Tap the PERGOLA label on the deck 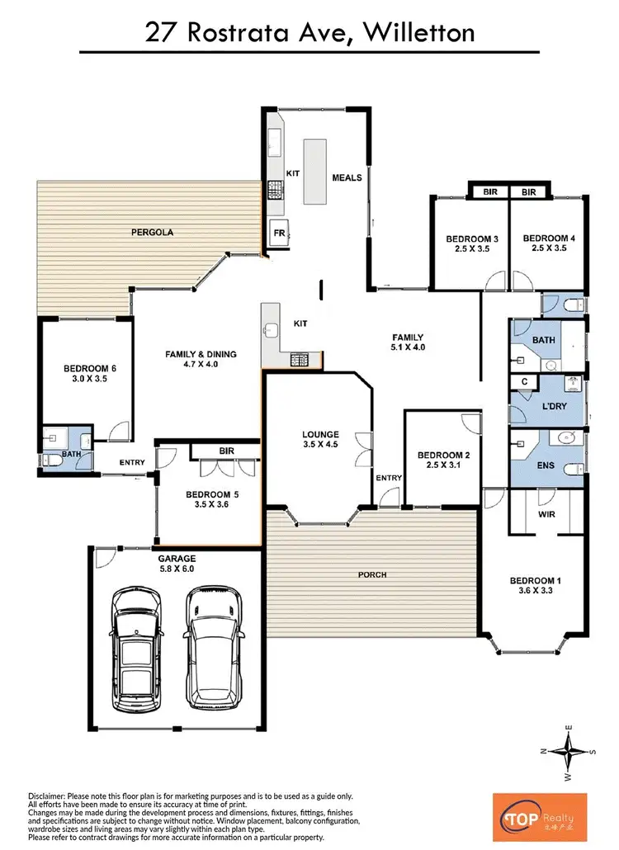152,233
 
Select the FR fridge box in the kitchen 279,234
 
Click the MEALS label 347,177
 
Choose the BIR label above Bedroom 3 489,191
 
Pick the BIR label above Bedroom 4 529,191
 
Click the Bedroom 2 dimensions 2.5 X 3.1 443,466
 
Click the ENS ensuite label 546,465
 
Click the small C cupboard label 524,381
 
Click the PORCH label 373,574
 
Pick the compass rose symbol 568,750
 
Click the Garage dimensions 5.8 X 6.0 177,569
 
